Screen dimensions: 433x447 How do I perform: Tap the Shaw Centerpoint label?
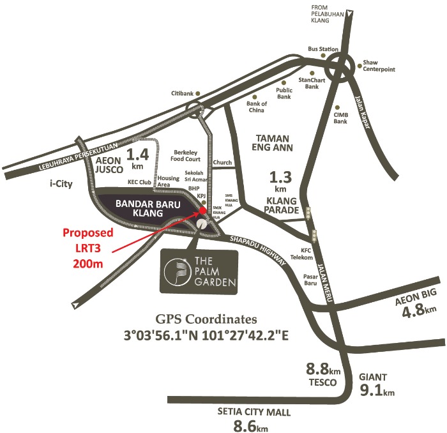pyautogui.click(x=379, y=66)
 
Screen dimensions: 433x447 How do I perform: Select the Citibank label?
pyautogui.click(x=182, y=93)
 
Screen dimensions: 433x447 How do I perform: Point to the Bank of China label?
pyautogui.click(x=255, y=107)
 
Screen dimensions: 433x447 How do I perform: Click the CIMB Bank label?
pyautogui.click(x=340, y=118)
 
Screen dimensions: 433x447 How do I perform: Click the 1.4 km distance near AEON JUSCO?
pyautogui.click(x=138, y=156)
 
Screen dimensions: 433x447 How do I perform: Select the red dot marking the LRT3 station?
pyautogui.click(x=202, y=209)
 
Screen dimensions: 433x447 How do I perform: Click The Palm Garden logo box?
pyautogui.click(x=199, y=271)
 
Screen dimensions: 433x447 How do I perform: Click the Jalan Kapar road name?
pyautogui.click(x=362, y=112)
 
